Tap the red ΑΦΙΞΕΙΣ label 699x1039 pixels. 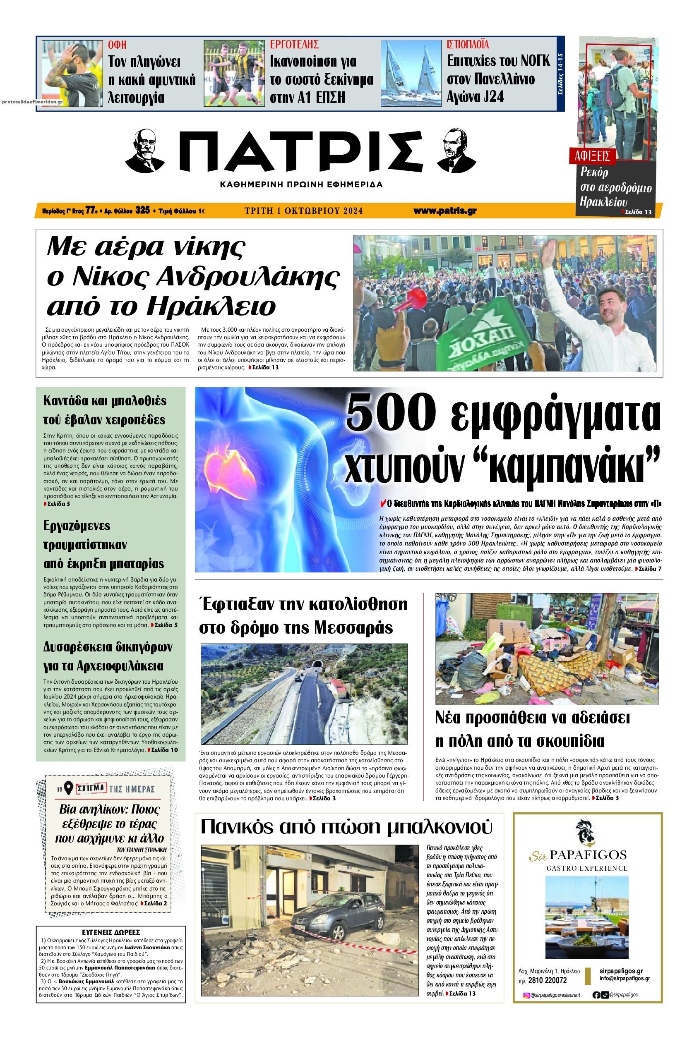coord(592,156)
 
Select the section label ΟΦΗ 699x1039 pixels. coord(117,45)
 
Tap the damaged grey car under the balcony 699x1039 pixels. coord(337,921)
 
